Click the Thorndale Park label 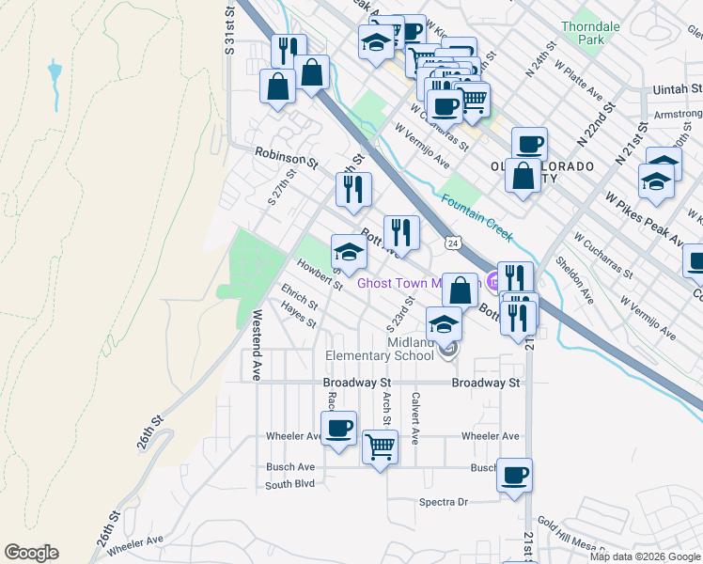point(590,34)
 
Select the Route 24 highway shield point(454,243)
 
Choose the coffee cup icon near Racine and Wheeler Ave point(338,429)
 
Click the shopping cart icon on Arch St point(380,447)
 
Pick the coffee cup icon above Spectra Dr point(513,475)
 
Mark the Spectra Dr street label point(444,502)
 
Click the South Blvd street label point(290,485)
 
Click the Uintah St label point(677,88)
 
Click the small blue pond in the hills point(55,71)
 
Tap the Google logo point(31,553)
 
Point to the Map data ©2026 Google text point(644,556)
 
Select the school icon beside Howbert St point(349,252)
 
